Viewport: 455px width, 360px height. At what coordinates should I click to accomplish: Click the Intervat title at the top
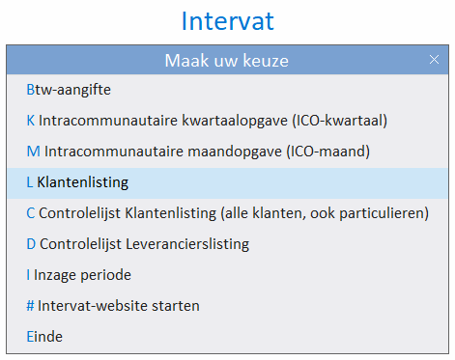click(x=227, y=20)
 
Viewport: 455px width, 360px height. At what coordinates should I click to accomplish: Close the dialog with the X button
click(x=434, y=60)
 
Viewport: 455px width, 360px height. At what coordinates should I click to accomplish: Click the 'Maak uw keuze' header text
click(x=226, y=61)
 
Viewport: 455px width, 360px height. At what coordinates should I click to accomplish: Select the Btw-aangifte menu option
click(x=69, y=90)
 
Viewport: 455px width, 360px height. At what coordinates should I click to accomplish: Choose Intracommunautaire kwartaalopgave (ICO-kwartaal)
click(x=207, y=121)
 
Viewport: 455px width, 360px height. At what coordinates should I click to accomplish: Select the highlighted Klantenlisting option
click(x=82, y=181)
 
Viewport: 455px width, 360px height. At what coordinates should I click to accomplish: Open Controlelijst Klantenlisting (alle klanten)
click(x=227, y=213)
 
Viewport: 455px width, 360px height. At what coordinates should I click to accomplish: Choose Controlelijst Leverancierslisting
click(x=137, y=244)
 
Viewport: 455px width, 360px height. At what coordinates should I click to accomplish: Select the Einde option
click(x=44, y=337)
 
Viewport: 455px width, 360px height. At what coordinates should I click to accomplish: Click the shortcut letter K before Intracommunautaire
click(x=31, y=121)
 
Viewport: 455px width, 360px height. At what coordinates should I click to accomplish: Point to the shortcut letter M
click(x=33, y=152)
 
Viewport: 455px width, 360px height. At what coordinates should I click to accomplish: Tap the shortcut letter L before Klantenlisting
click(x=30, y=182)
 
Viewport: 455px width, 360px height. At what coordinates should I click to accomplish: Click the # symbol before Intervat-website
click(x=31, y=306)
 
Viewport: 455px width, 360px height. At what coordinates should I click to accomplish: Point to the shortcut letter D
click(x=32, y=244)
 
